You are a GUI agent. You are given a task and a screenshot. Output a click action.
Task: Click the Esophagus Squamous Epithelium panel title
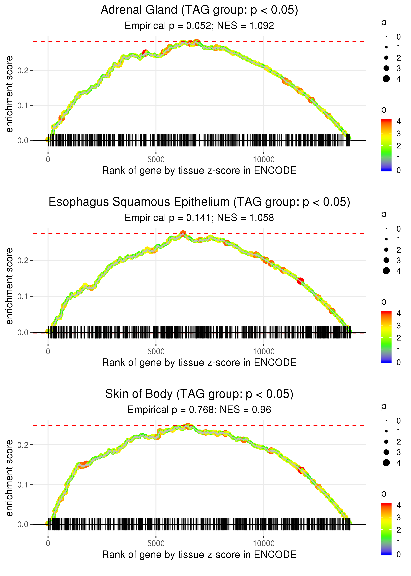click(199, 202)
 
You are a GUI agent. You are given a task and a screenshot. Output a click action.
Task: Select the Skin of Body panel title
click(199, 394)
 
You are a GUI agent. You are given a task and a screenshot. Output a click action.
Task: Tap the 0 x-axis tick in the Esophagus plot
click(48, 351)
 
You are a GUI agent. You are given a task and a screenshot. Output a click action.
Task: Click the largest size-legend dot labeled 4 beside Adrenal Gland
click(386, 79)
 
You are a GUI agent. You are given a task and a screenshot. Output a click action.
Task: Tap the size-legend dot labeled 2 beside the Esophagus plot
click(386, 250)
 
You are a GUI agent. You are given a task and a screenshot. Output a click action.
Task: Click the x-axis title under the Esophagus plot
click(199, 363)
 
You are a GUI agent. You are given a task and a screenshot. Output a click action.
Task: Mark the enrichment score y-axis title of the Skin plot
click(9, 478)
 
